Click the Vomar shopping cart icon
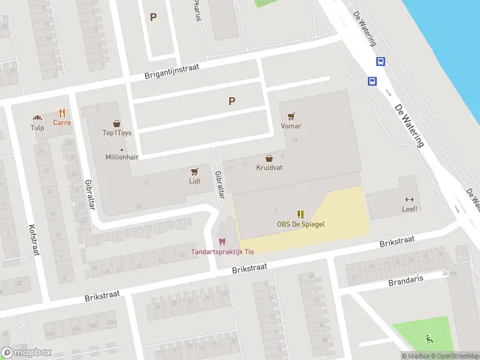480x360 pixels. click(x=291, y=116)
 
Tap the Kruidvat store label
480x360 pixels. click(x=269, y=168)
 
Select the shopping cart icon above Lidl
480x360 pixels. click(x=194, y=171)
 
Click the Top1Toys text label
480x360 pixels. click(x=117, y=133)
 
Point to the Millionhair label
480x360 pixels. click(x=122, y=157)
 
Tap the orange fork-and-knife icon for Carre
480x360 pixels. click(x=62, y=113)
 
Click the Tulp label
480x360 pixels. click(x=37, y=128)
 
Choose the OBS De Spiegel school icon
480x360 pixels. click(x=301, y=214)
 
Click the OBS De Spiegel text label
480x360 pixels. click(x=301, y=224)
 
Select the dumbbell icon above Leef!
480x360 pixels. click(x=410, y=199)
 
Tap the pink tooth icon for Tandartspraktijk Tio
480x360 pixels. click(x=222, y=242)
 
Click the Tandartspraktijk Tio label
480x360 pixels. click(x=222, y=251)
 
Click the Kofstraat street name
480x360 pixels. click(x=34, y=240)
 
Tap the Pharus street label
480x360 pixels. click(x=196, y=10)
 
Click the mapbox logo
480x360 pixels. click(x=26, y=353)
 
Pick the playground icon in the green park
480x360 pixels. click(x=429, y=338)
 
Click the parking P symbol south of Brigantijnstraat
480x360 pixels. click(x=232, y=101)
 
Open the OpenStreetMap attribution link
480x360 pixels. click(x=454, y=356)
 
